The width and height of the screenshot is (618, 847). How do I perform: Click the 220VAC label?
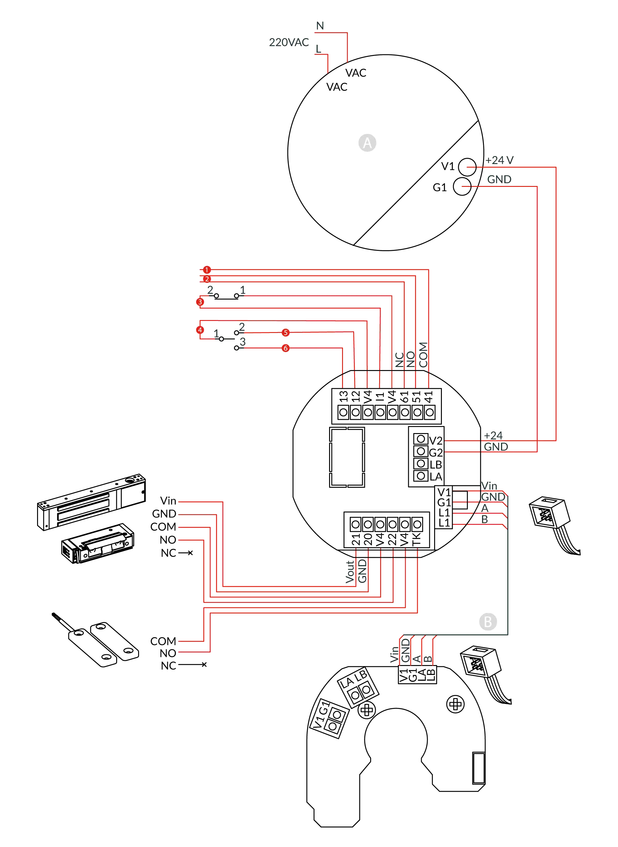click(x=289, y=42)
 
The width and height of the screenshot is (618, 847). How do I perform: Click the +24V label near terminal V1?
click(x=499, y=161)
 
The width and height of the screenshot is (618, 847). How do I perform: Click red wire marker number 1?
click(x=206, y=269)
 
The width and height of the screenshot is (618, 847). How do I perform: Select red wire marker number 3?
click(x=200, y=301)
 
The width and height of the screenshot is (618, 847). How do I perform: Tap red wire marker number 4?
click(x=200, y=330)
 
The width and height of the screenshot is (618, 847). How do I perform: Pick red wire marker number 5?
click(x=286, y=332)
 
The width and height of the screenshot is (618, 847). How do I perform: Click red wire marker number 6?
click(x=286, y=348)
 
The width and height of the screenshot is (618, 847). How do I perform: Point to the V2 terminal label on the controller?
click(x=435, y=440)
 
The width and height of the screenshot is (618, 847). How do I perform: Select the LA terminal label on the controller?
click(x=436, y=476)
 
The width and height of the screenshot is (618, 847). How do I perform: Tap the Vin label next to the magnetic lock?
click(x=168, y=500)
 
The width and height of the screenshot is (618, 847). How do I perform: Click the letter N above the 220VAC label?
click(x=320, y=25)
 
